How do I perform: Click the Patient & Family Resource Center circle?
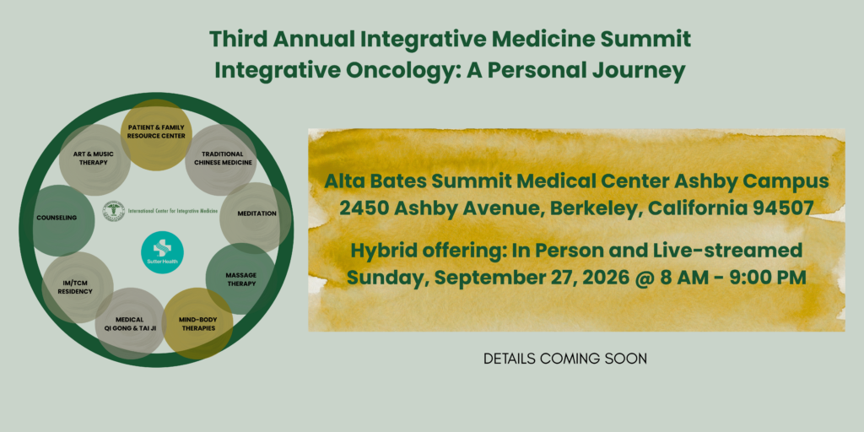(x=157, y=135)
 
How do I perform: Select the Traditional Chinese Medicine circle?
(x=221, y=159)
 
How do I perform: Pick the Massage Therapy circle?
(x=240, y=278)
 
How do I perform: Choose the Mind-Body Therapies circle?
(x=197, y=323)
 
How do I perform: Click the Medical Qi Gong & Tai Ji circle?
(x=131, y=323)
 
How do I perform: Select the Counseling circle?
(x=57, y=218)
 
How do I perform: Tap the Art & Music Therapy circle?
(x=94, y=159)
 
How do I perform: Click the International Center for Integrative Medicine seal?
(x=113, y=211)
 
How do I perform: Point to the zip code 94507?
(x=787, y=208)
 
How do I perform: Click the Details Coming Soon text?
(x=565, y=359)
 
